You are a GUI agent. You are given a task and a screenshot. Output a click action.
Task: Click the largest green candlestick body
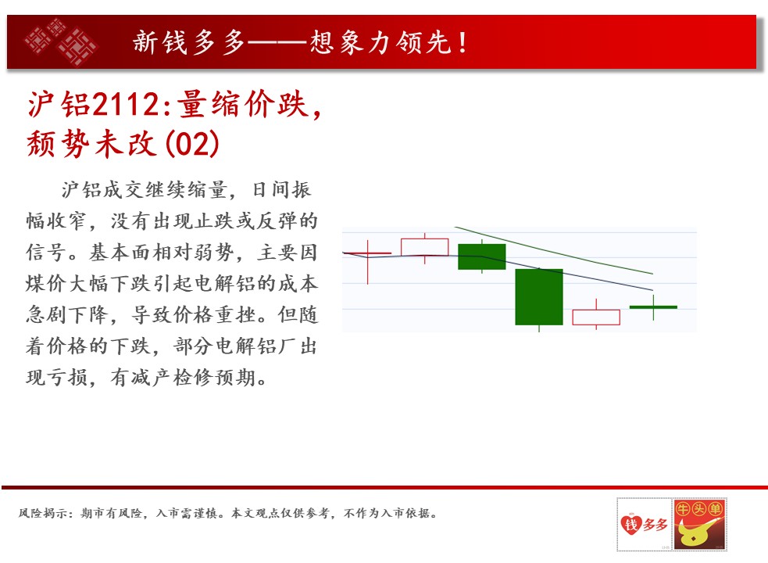pyautogui.click(x=539, y=296)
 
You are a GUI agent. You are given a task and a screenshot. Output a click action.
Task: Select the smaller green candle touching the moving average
pyautogui.click(x=481, y=256)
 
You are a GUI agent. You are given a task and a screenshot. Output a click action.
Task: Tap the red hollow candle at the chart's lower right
pyautogui.click(x=596, y=317)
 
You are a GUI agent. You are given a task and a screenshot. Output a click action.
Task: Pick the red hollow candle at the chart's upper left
pyautogui.click(x=425, y=247)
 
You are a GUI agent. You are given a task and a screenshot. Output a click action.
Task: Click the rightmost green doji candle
pyautogui.click(x=653, y=307)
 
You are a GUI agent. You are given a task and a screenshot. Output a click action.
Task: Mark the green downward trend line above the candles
pyautogui.click(x=553, y=250)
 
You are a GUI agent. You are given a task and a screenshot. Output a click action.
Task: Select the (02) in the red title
pyautogui.click(x=192, y=144)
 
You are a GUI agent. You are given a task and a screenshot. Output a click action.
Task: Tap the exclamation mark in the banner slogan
pyautogui.click(x=463, y=42)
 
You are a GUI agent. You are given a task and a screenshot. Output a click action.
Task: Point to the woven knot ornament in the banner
pyautogui.click(x=61, y=41)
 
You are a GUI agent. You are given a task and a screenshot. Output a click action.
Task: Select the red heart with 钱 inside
pyautogui.click(x=630, y=524)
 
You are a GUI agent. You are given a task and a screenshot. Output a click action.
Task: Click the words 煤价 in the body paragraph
pyautogui.click(x=47, y=284)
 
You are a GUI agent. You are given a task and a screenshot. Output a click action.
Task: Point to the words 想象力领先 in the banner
pyautogui.click(x=380, y=42)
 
